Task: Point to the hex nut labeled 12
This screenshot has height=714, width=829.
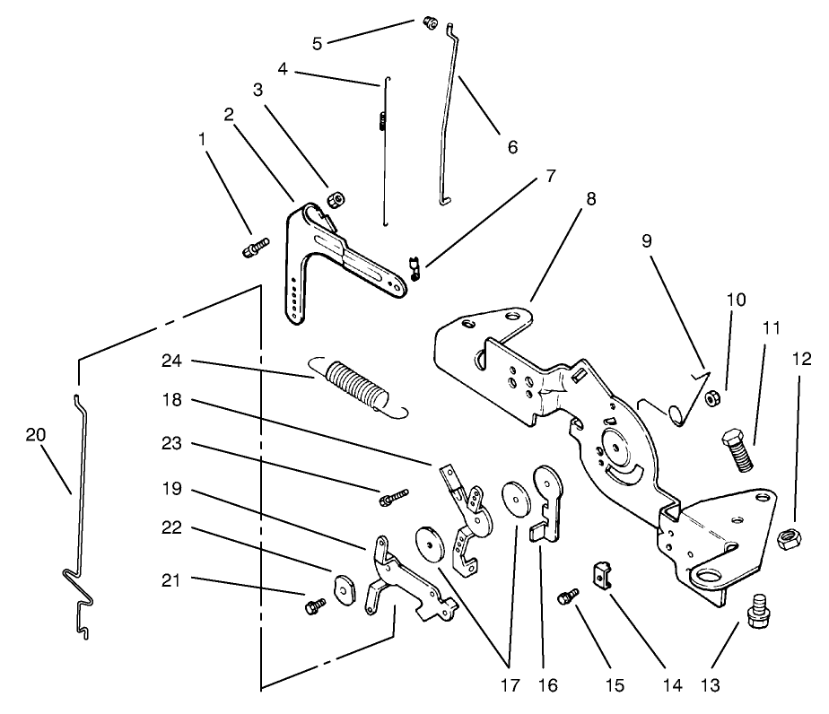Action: (x=787, y=540)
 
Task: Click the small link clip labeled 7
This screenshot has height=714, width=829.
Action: (x=414, y=267)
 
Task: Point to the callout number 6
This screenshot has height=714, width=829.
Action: (x=512, y=146)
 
